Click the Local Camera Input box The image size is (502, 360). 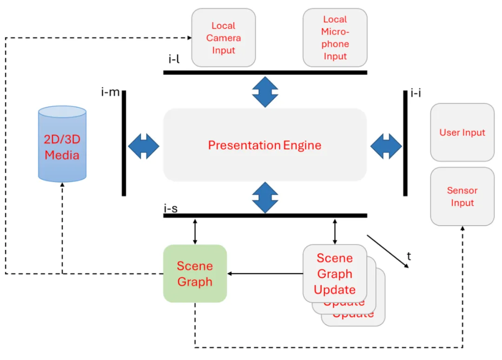(224, 38)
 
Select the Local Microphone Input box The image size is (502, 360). (335, 38)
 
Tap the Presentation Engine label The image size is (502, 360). (264, 145)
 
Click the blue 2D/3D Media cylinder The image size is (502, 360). (62, 144)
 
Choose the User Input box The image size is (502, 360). (462, 132)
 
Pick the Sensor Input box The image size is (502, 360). (462, 196)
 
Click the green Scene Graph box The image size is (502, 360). (195, 274)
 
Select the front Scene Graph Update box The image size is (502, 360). (335, 274)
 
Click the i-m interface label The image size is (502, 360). (110, 92)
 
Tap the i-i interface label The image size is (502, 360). (416, 93)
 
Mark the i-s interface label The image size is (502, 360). (170, 209)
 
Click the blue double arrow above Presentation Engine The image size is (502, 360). (265, 92)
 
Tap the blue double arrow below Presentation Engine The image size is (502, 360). (265, 197)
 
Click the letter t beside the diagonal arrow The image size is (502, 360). (409, 256)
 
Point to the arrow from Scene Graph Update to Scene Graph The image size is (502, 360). (265, 274)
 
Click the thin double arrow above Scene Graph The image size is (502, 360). (195, 231)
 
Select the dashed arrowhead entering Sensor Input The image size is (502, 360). (462, 229)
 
